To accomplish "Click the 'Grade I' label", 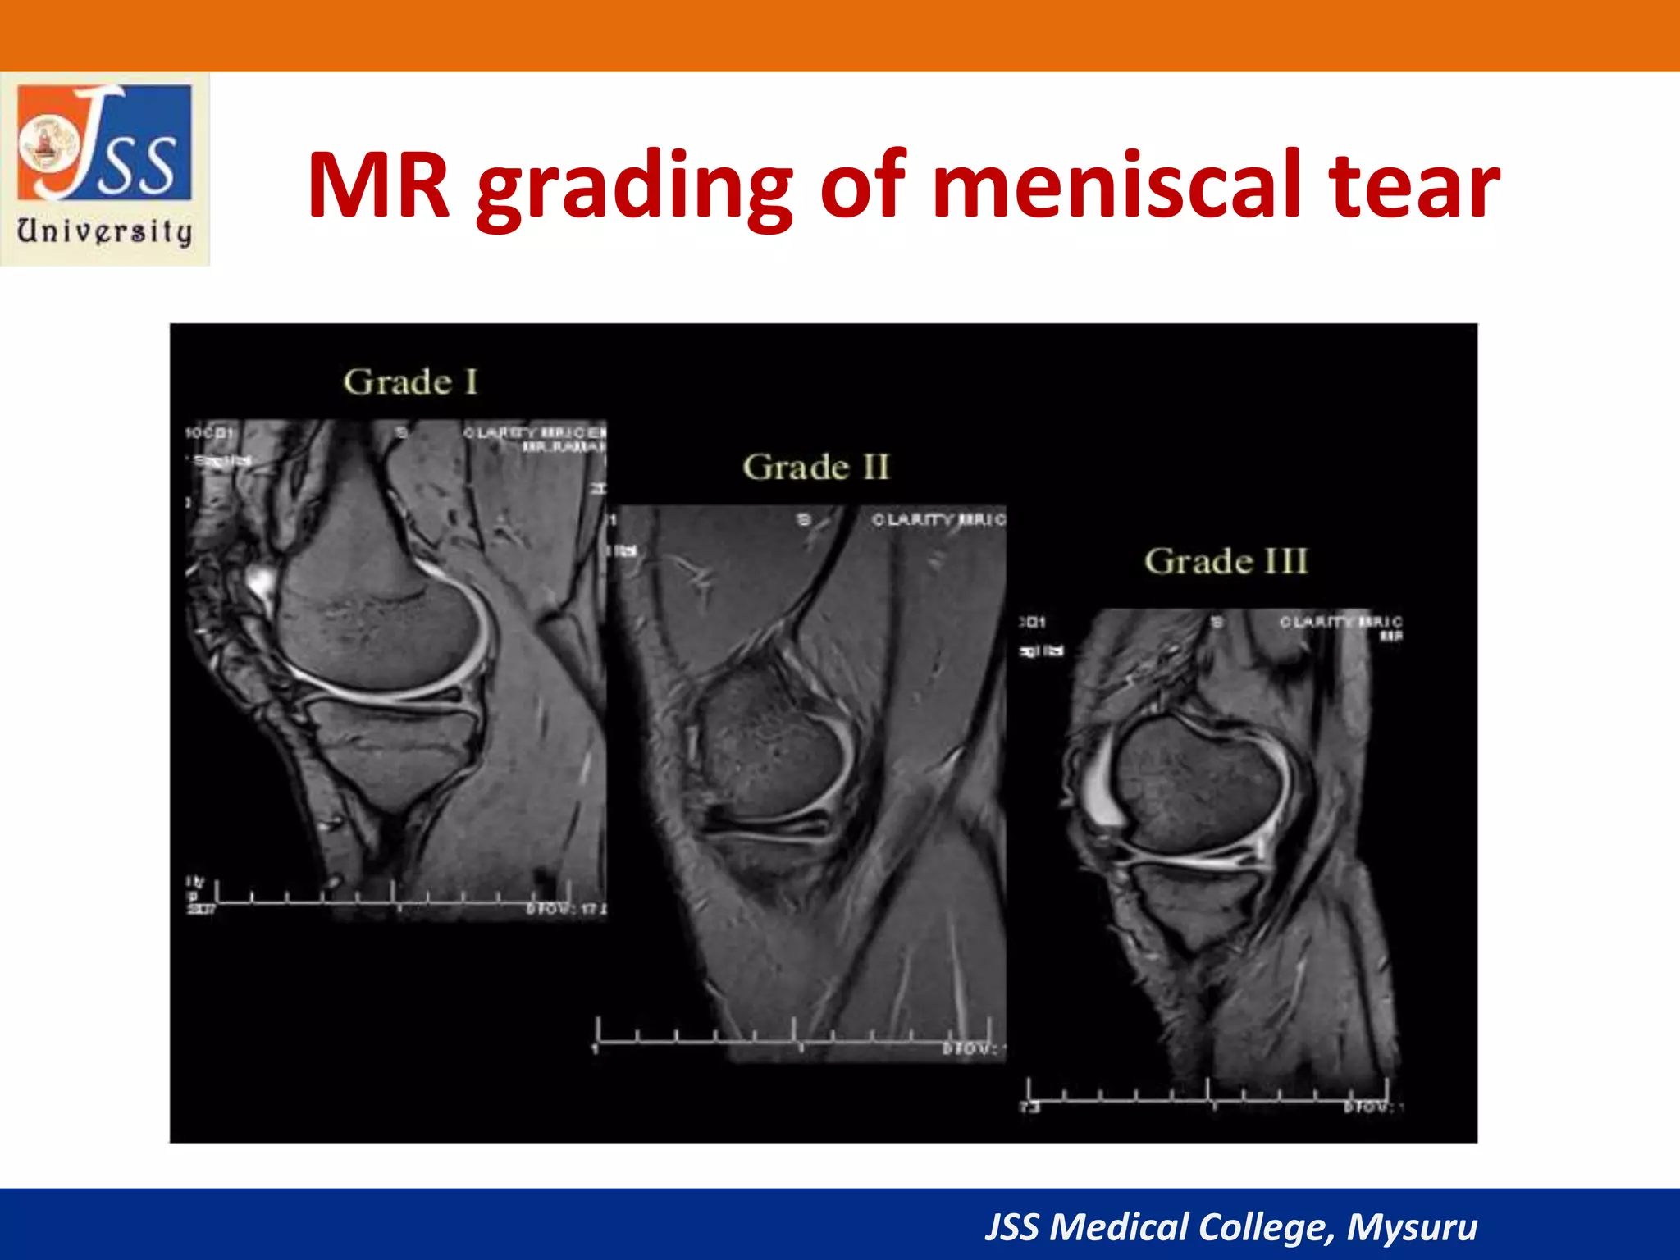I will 410,382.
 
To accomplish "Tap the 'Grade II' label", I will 815,468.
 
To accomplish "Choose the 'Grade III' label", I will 1226,562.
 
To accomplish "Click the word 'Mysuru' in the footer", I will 1412,1227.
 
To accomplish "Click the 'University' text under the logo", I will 105,232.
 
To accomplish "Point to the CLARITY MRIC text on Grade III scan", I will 1340,622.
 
